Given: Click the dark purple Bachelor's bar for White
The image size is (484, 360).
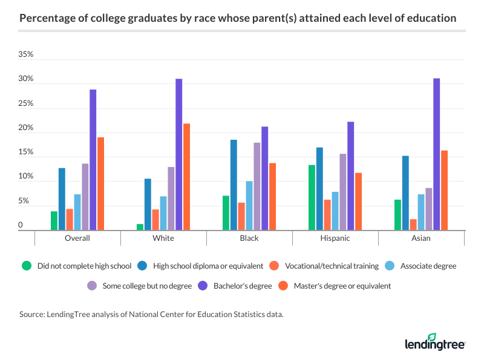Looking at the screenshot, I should pyautogui.click(x=179, y=154).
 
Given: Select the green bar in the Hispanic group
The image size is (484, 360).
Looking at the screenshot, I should pyautogui.click(x=312, y=197).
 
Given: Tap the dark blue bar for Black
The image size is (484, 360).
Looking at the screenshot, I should pyautogui.click(x=234, y=185).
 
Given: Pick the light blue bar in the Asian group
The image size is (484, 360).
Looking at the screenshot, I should pyautogui.click(x=421, y=212).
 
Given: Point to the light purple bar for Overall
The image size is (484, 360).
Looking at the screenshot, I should pyautogui.click(x=85, y=197).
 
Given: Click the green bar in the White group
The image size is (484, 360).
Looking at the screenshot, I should pyautogui.click(x=140, y=227).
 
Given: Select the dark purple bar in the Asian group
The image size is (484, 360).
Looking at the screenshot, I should pyautogui.click(x=437, y=154).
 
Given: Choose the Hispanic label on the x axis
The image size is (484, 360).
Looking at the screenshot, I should pyautogui.click(x=335, y=238).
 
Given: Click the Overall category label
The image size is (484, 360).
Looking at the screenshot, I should pyautogui.click(x=77, y=238).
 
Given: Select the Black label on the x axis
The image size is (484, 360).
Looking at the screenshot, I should pyautogui.click(x=249, y=238).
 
